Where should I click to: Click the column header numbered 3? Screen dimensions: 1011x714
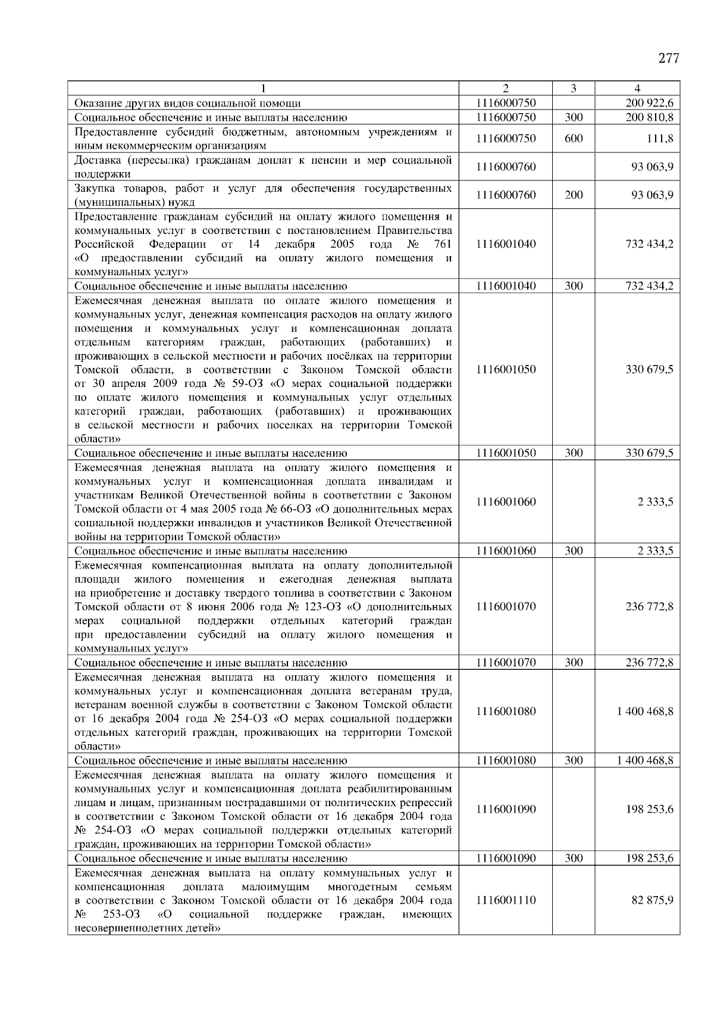point(573,89)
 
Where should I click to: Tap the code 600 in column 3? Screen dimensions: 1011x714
point(573,139)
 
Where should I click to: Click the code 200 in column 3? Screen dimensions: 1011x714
point(573,195)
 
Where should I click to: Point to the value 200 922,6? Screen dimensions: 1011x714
point(650,104)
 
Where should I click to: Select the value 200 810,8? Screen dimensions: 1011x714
point(650,118)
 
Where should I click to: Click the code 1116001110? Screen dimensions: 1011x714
point(506,900)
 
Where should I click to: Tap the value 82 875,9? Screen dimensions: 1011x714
point(653,900)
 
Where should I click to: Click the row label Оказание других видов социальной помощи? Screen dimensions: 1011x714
point(187,104)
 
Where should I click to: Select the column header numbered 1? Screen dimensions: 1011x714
point(262,89)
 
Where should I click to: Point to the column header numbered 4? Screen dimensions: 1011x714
point(637,89)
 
